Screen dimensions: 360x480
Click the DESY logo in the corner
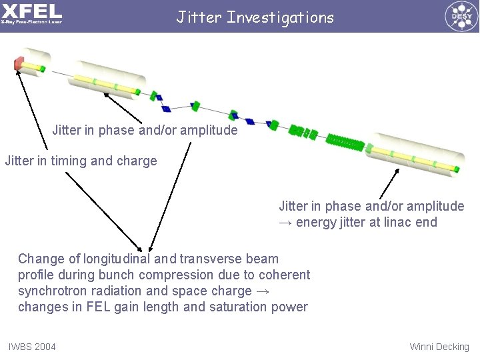461,16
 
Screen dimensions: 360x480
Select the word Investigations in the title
280,17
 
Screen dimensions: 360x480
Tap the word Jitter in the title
199,17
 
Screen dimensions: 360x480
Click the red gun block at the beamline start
19,64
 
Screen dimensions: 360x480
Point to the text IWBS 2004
32,347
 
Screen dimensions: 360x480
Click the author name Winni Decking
439,347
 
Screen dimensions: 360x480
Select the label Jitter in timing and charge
81,161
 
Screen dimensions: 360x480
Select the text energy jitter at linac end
367,222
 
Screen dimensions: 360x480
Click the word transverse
212,259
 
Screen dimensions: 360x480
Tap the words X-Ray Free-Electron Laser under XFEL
31,22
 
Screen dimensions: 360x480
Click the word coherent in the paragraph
285,275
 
